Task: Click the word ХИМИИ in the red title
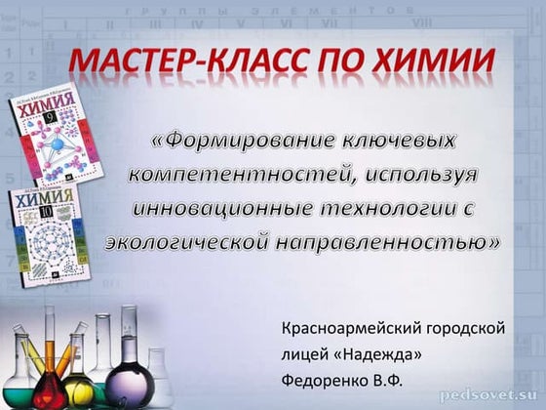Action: click(x=434, y=60)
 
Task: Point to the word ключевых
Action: click(x=400, y=141)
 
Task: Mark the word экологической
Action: click(x=186, y=242)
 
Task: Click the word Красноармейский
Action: click(x=351, y=329)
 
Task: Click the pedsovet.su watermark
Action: click(x=488, y=395)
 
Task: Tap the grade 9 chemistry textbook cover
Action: click(x=57, y=135)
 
